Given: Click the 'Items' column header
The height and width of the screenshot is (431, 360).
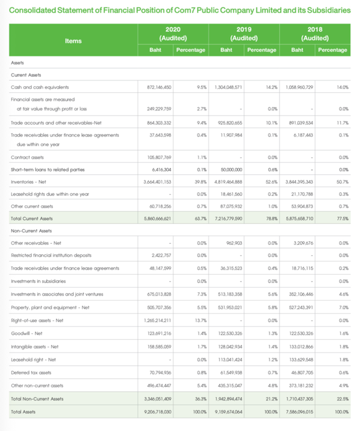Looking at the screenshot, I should click(73, 41).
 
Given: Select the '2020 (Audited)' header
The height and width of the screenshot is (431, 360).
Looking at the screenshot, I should click(173, 33).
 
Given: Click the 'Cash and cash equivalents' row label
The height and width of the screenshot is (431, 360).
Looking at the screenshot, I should click(40, 87).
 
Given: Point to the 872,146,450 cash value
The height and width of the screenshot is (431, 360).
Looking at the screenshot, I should click(157, 87).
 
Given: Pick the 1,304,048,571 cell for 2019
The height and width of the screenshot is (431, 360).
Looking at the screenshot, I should click(228, 87).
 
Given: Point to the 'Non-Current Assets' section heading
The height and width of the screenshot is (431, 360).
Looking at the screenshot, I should click(31, 231).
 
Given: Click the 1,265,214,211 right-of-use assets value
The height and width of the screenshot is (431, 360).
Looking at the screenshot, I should click(157, 320).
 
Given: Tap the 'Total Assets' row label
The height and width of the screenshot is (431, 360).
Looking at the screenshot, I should click(24, 413).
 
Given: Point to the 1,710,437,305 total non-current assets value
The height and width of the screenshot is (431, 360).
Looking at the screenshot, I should click(299, 399).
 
